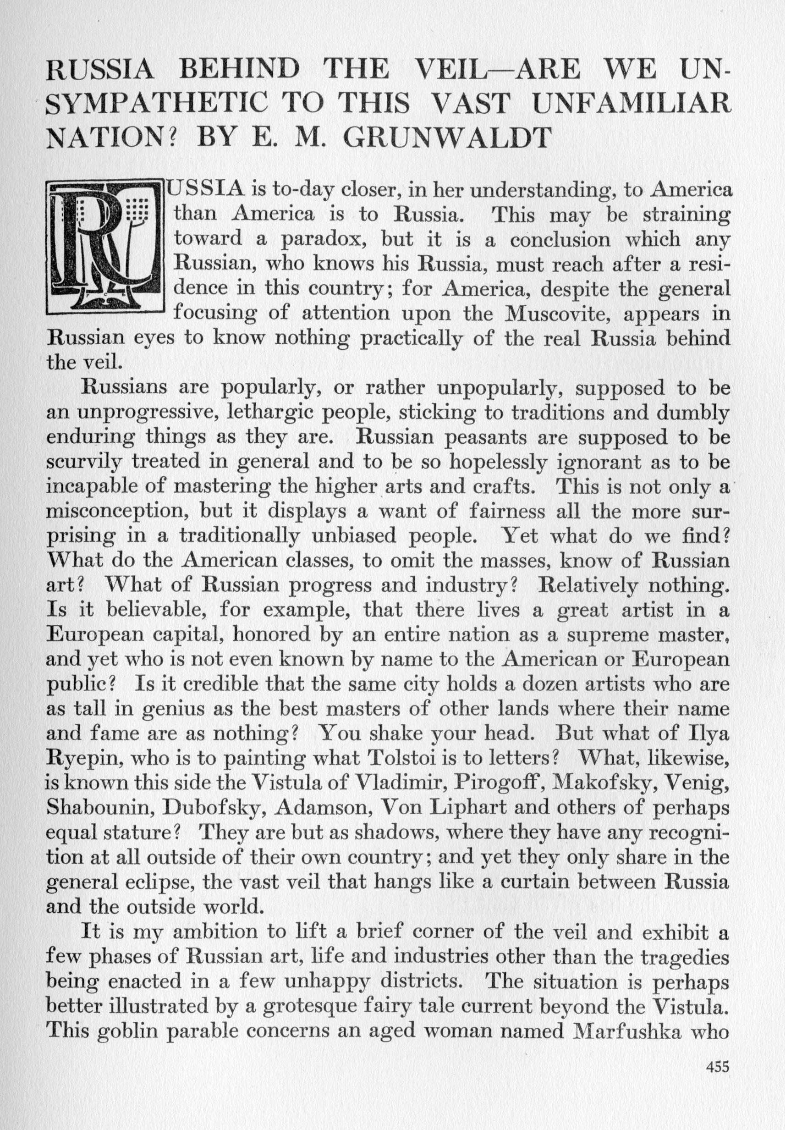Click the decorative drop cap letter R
coord(104,247)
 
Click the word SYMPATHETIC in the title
coord(157,103)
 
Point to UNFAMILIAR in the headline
coord(631,103)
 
